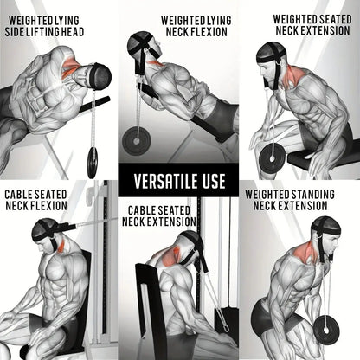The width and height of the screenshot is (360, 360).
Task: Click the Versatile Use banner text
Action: pos(179,182)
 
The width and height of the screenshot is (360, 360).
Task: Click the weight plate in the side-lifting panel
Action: pos(92,159)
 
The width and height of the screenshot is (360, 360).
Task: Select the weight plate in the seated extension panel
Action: pos(274,156)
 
